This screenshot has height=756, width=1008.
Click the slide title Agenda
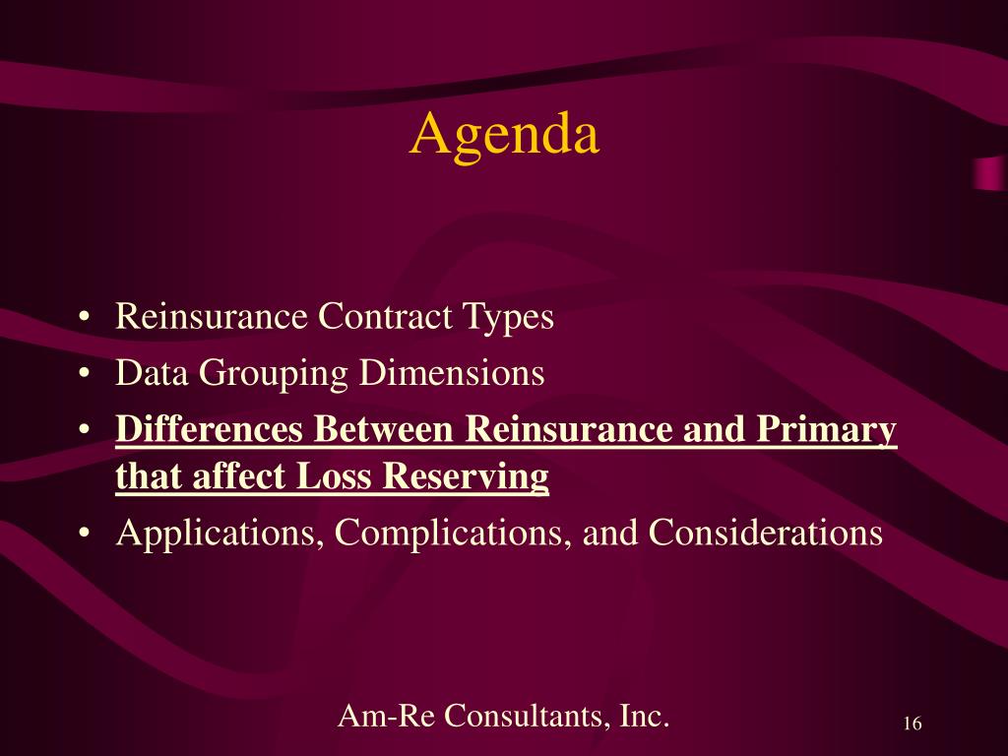(x=505, y=135)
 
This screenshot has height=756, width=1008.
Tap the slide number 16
(x=913, y=724)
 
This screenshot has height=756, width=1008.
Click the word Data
(x=152, y=372)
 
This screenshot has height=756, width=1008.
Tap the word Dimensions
(x=451, y=372)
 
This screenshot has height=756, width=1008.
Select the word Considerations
(x=765, y=533)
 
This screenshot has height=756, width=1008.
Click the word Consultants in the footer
(x=527, y=715)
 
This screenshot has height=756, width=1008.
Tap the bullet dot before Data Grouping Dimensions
(x=83, y=373)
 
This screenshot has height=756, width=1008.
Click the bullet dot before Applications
(x=83, y=534)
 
